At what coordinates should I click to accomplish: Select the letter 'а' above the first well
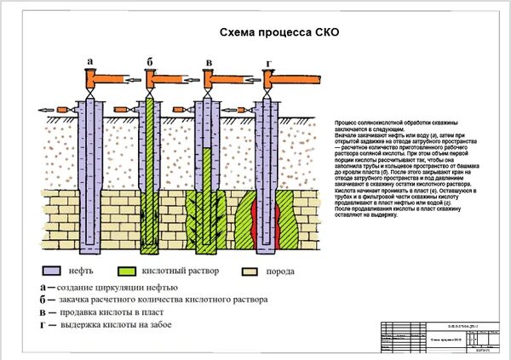point(90,62)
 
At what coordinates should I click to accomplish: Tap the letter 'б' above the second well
point(150,62)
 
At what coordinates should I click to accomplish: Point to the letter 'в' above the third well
point(209,62)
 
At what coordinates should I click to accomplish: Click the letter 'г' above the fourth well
point(269,63)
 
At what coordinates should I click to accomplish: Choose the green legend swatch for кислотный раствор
point(129,271)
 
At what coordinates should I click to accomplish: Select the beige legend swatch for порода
point(250,271)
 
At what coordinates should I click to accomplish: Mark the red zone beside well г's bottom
point(253,217)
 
